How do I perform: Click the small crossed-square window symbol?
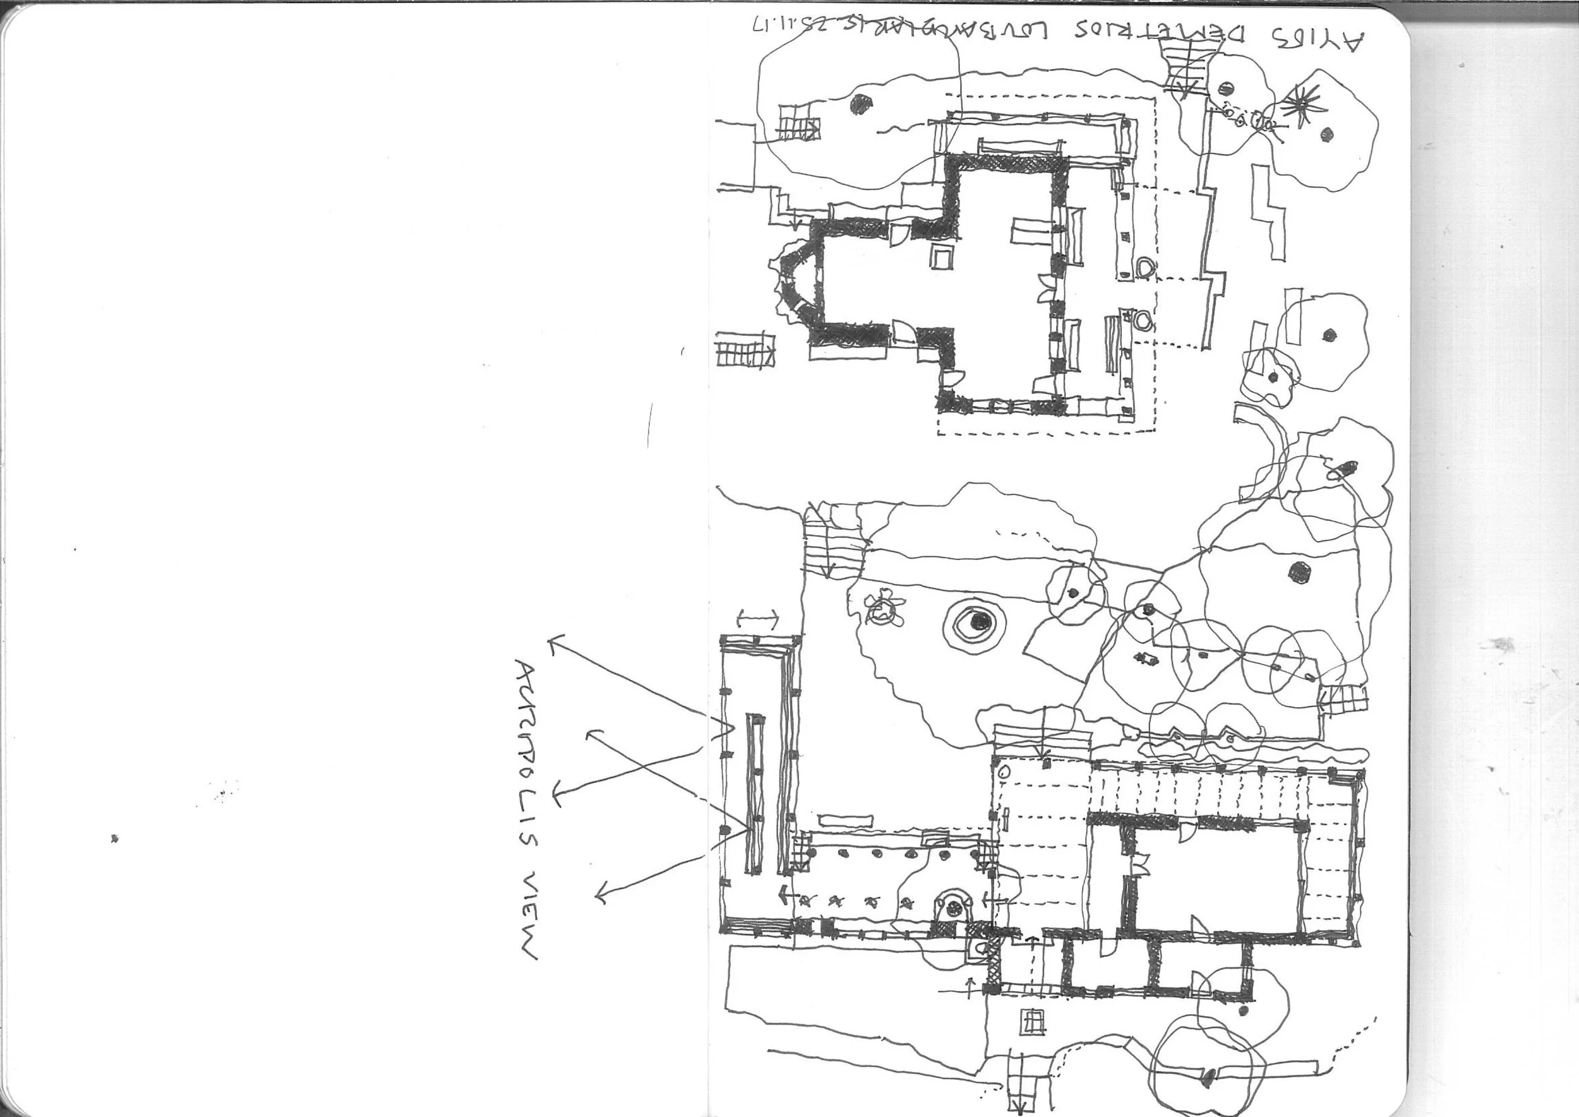point(1031,1022)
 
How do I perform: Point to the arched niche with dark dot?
point(953,907)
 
